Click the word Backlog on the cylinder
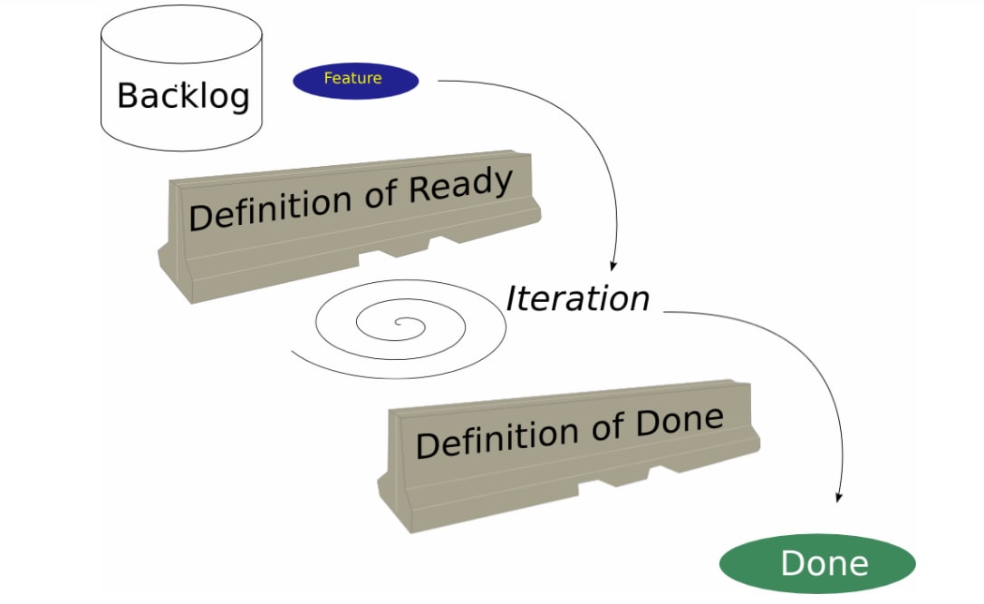pyautogui.click(x=183, y=95)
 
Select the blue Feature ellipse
pyautogui.click(x=355, y=80)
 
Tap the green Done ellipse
pyautogui.click(x=817, y=564)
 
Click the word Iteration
pyautogui.click(x=577, y=298)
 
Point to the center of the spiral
pyautogui.click(x=396, y=322)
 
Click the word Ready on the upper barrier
pyautogui.click(x=460, y=188)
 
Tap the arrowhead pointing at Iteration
pyautogui.click(x=613, y=266)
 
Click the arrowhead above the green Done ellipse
pyautogui.click(x=839, y=497)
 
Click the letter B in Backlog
pyautogui.click(x=129, y=95)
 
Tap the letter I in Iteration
pyautogui.click(x=513, y=298)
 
